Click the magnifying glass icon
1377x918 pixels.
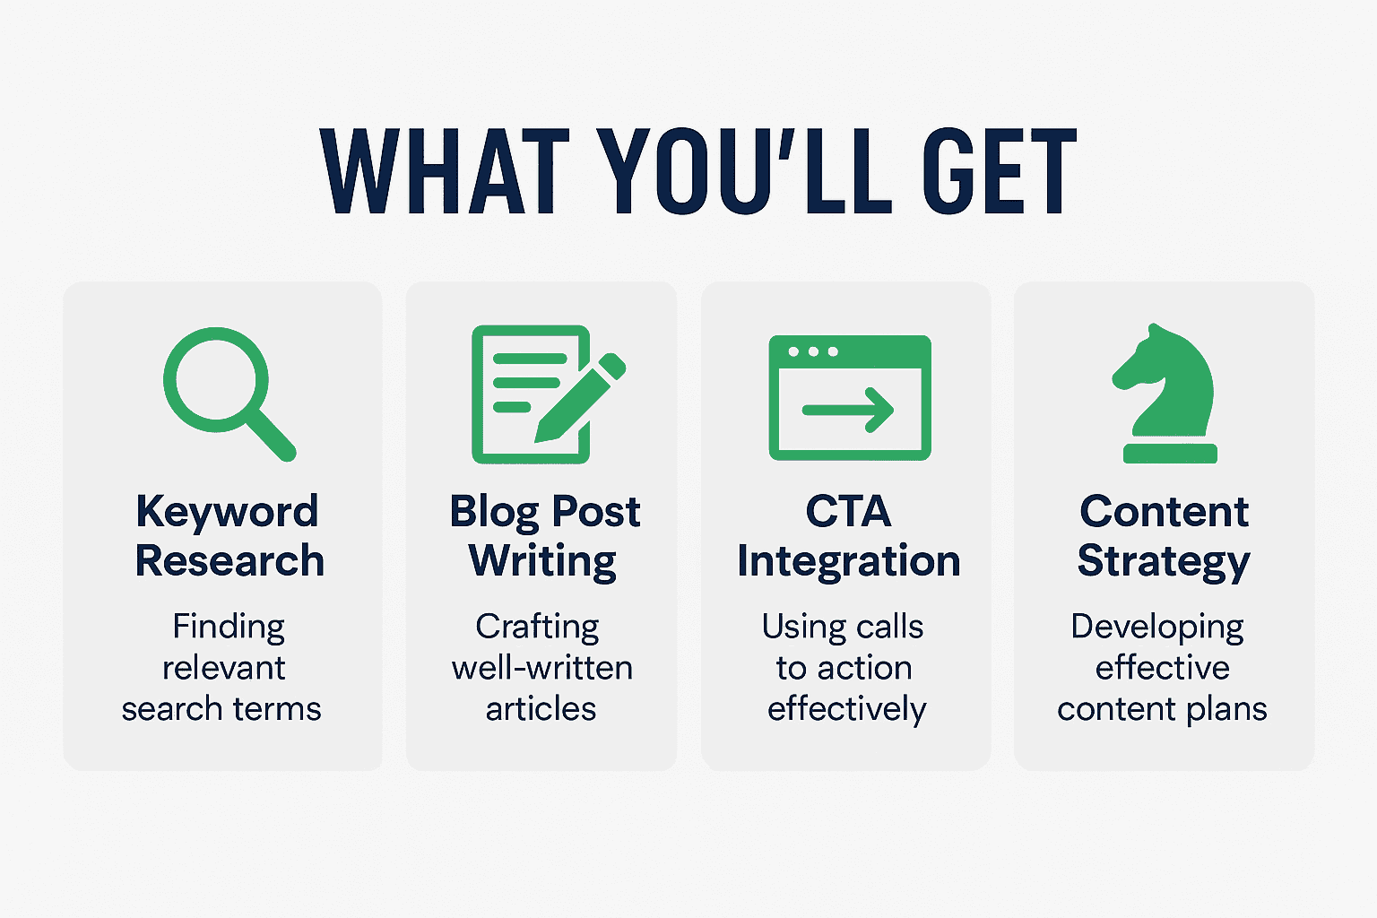(229, 394)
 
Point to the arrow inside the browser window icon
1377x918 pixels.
(848, 410)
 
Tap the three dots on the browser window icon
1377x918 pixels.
(813, 351)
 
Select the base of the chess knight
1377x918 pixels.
(1171, 453)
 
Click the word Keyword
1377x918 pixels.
(227, 512)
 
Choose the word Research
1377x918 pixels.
(229, 561)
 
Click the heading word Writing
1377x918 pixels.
(542, 562)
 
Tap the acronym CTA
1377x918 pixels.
(848, 511)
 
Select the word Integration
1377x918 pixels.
(848, 562)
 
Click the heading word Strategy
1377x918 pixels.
(1164, 562)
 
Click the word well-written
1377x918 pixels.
(542, 668)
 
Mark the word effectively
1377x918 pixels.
(846, 709)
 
